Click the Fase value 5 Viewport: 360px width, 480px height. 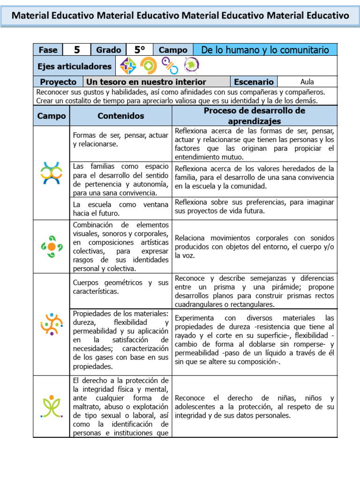pos(77,50)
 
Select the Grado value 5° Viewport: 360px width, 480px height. pos(140,50)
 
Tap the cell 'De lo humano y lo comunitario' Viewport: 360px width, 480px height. pos(265,50)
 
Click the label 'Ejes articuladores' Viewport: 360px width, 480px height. pos(75,66)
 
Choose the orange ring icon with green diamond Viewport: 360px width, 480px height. pos(149,66)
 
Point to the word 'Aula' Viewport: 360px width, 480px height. pos(307,82)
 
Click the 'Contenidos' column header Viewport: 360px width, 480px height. pos(121,116)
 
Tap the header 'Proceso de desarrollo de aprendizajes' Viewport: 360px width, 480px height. pos(254,116)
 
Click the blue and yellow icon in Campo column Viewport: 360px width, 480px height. pos(52,172)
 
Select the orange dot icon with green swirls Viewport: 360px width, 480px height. pos(52,247)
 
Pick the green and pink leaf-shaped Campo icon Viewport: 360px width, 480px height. pos(52,406)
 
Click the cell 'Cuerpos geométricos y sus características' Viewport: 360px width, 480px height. pos(121,287)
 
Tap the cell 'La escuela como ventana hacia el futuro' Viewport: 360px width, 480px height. pos(121,209)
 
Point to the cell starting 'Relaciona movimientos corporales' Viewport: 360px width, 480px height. pos(254,247)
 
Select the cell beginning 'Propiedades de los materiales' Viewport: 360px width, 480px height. pos(121,340)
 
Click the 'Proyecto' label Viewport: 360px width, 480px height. pos(58,82)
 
